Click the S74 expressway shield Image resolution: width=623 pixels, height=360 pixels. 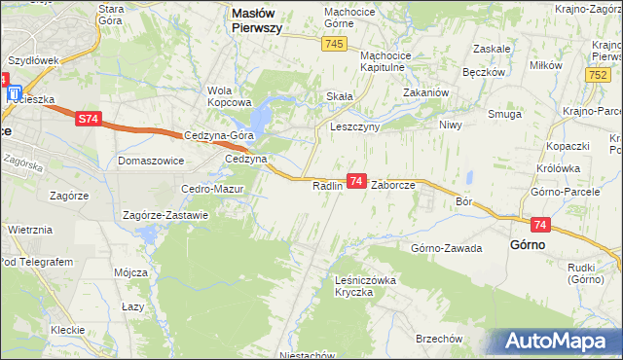88,119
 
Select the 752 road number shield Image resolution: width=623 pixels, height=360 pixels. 599,74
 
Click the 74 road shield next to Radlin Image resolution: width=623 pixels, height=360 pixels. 356,181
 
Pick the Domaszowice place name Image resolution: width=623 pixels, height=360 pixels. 151,160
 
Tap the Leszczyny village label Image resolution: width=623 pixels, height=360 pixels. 354,126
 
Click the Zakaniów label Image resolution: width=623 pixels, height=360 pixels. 424,93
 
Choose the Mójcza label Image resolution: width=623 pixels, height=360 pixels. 128,272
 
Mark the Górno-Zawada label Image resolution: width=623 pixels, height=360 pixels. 447,248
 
